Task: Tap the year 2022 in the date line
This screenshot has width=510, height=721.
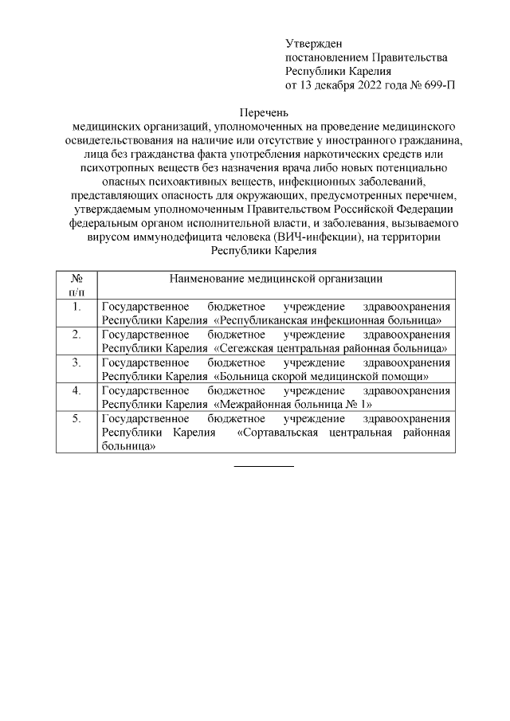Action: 373,84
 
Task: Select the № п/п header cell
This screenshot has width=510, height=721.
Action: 76,286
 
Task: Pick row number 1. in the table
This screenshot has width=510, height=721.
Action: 76,307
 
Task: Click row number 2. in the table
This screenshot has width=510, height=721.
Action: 76,335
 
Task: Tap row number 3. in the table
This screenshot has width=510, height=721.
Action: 76,362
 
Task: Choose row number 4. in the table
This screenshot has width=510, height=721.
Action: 76,390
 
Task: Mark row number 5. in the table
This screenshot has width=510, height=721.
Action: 76,418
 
